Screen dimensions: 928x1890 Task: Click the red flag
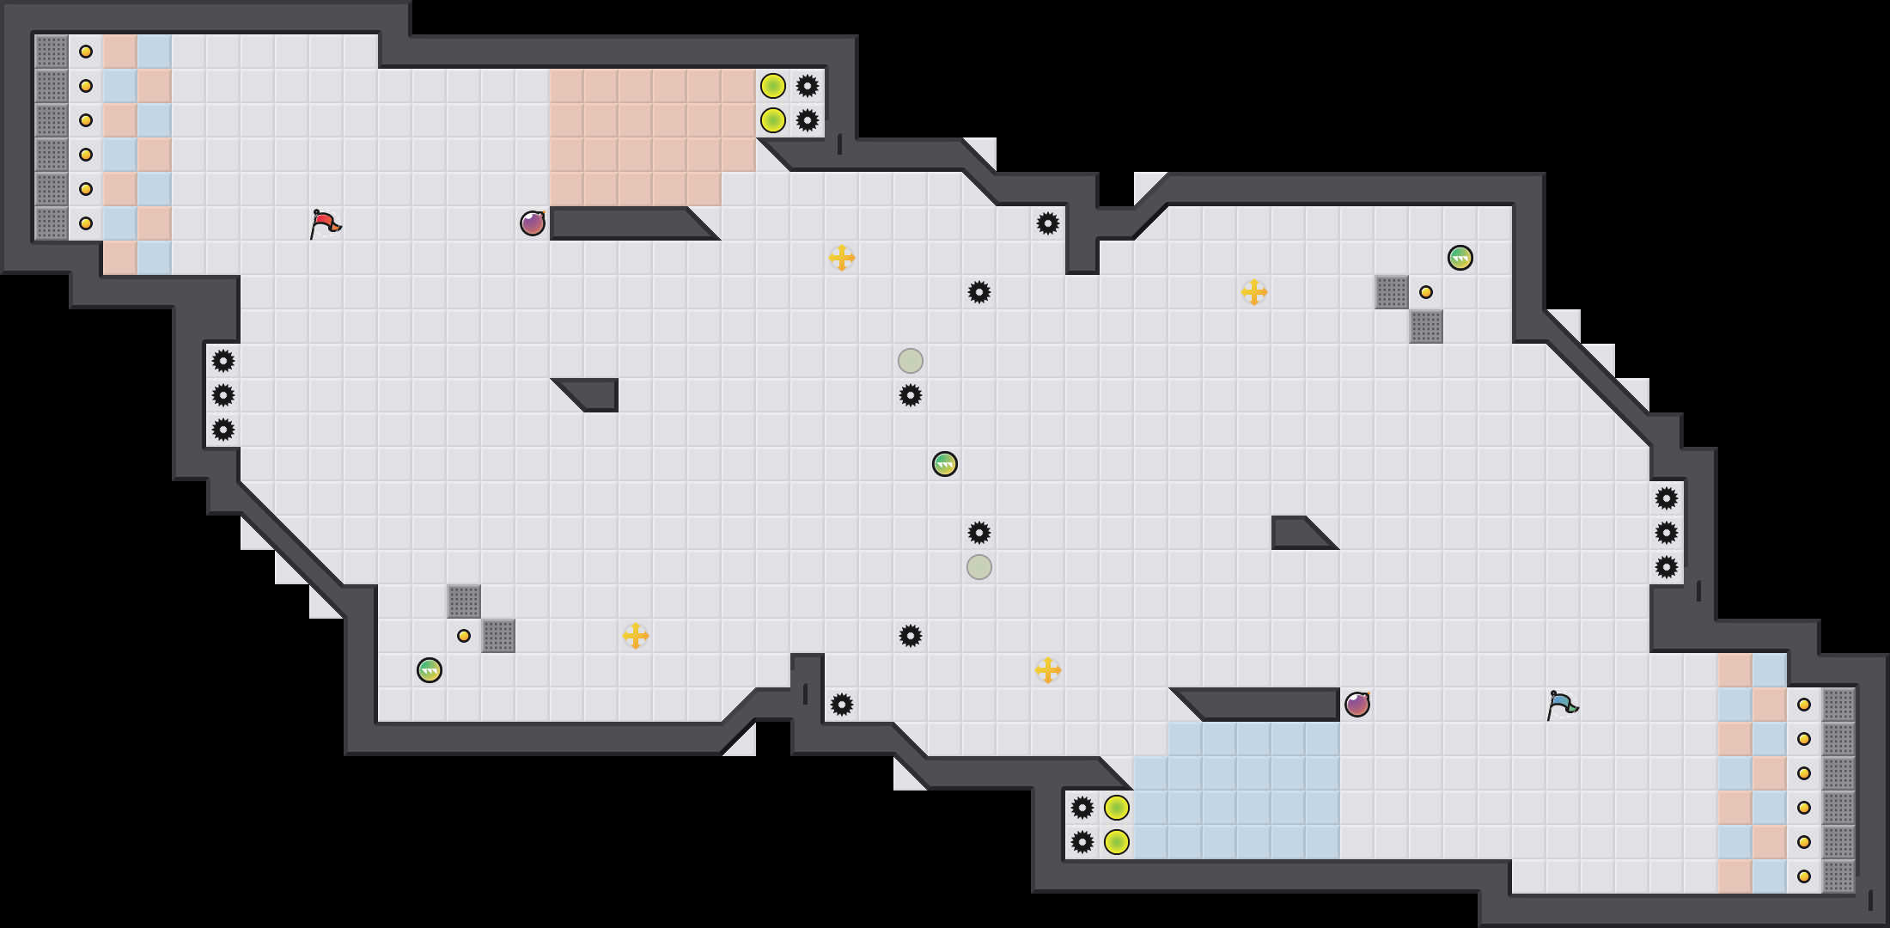point(325,223)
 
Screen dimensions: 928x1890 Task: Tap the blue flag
point(1562,705)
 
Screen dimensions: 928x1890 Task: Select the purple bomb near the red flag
point(533,223)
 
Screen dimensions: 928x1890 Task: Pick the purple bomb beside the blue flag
point(1357,705)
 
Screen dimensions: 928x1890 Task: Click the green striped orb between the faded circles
point(945,464)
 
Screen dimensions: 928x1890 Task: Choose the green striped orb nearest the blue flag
point(1460,258)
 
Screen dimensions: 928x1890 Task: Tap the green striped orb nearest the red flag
point(430,670)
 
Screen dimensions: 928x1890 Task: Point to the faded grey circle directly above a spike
point(911,361)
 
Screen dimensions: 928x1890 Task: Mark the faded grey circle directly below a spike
point(979,567)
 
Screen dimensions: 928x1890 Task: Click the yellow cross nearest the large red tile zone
point(842,258)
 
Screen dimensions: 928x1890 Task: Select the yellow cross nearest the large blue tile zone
point(1048,670)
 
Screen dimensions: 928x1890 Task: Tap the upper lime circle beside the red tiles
point(773,86)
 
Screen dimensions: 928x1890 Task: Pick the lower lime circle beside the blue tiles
point(1117,842)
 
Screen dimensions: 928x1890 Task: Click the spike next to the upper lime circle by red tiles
point(808,86)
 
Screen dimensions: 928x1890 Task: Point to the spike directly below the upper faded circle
point(911,395)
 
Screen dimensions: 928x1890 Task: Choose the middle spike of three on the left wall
point(223,395)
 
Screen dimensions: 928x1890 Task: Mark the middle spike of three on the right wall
point(1667,533)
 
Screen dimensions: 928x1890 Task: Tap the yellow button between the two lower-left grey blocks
point(464,636)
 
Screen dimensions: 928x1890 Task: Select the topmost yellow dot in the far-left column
point(86,52)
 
